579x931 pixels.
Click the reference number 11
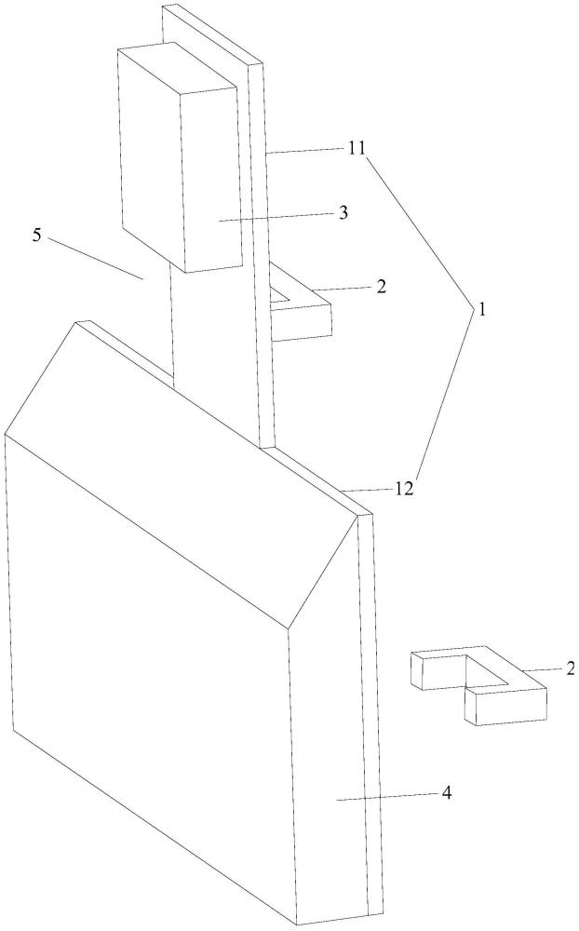click(357, 148)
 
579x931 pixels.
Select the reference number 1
click(482, 309)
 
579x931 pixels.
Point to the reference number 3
click(343, 213)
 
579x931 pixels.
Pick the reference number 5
click(37, 236)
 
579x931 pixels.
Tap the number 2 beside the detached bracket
click(571, 668)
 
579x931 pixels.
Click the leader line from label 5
click(96, 258)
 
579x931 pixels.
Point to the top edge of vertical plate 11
click(212, 34)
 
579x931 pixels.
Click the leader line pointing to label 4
click(388, 796)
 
